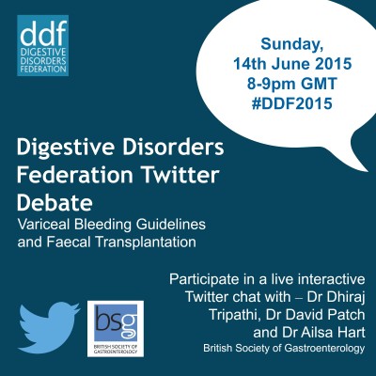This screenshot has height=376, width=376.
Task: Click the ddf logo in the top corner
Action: [x=42, y=46]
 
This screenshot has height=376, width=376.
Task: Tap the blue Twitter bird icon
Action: [x=49, y=327]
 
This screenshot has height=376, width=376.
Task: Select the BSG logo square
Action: [x=116, y=329]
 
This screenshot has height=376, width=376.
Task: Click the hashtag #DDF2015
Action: [x=291, y=103]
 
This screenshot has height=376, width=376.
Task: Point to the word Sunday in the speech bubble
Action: [x=292, y=45]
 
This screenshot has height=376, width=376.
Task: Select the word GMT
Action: [x=319, y=84]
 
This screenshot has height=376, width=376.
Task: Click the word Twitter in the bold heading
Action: [x=180, y=175]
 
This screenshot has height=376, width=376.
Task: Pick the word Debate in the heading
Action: [x=55, y=202]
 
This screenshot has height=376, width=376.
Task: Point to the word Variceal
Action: [x=39, y=224]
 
